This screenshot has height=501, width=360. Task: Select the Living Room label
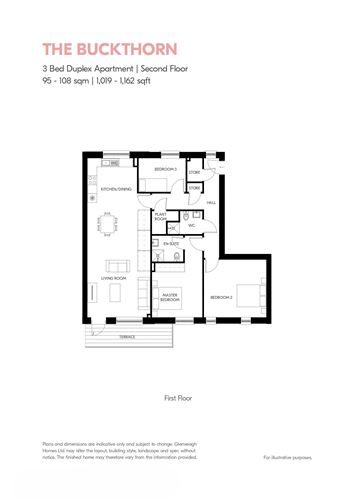(x=112, y=277)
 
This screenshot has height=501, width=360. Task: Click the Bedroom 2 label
(x=221, y=297)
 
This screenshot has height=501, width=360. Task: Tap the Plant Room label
(x=160, y=216)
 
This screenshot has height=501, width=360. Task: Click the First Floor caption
(x=177, y=397)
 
